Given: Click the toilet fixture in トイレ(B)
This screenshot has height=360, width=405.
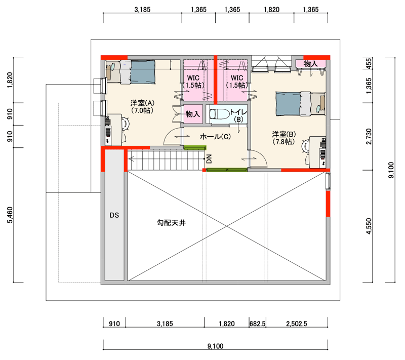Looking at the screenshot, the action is [219, 113].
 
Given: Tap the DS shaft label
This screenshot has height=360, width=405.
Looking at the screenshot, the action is [114, 215].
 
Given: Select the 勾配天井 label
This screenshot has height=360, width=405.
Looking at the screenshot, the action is [171, 223].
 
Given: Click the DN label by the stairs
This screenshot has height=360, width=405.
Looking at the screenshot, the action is [209, 159].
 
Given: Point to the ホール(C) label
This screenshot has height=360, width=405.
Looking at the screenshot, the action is [215, 136].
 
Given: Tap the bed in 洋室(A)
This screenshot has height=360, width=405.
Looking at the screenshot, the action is [131, 72].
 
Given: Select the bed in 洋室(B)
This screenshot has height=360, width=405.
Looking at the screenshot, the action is [301, 104].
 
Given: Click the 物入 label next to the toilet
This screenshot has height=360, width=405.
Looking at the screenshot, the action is [193, 113].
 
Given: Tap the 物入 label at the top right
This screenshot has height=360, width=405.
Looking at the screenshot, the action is [310, 63].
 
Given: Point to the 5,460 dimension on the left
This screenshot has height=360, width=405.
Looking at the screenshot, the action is [10, 215].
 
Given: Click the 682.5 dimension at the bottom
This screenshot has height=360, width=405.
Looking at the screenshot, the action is [258, 324].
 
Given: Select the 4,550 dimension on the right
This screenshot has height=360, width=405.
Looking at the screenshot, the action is [369, 226].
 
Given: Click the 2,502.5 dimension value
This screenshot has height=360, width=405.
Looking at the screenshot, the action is [297, 324].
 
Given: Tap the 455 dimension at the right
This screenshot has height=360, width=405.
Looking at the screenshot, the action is [369, 63].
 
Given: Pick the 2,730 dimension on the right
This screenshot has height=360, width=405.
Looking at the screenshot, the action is [369, 136].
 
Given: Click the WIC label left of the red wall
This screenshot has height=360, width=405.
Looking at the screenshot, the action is [193, 78].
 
